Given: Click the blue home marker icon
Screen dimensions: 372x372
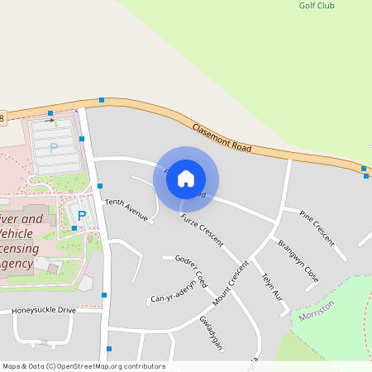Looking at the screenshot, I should point(186,178).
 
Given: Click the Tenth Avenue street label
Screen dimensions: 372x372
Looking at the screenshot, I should point(126,211).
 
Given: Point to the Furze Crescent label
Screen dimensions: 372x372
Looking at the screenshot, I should point(202,229).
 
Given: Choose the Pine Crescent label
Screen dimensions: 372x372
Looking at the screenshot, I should point(317,227).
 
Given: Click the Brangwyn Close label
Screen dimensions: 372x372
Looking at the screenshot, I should point(298,259).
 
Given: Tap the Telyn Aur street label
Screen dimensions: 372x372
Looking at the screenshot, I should point(272,285).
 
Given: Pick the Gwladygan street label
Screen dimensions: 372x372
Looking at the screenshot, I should point(212,332).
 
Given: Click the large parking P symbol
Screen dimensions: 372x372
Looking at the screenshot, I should point(54,148).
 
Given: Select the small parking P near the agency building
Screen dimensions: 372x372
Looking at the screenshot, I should point(82,215).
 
